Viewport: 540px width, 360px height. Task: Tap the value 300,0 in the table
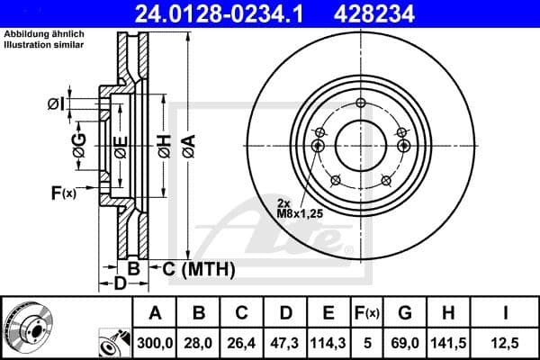pos(156,343)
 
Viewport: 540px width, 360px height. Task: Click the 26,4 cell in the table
pos(242,343)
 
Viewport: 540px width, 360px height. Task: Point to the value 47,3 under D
pos(285,343)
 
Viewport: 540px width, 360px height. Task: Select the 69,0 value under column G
pos(405,343)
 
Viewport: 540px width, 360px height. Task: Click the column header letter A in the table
pos(156,313)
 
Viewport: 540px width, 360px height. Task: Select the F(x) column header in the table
pos(367,313)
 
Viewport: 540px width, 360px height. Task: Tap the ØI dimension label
pos(56,105)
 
